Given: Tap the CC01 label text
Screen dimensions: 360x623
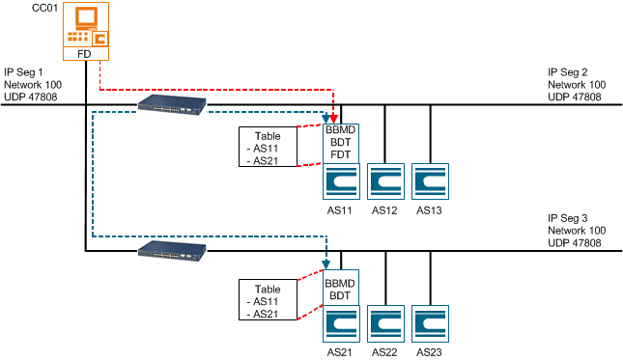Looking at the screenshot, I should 44,9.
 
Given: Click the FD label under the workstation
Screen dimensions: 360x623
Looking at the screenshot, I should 85,55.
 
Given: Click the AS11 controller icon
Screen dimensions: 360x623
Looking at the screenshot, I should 340,181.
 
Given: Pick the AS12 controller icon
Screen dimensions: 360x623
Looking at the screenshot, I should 384,181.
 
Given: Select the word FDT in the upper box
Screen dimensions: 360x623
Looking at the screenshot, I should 340,153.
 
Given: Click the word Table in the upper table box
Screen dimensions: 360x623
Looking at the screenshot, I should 267,136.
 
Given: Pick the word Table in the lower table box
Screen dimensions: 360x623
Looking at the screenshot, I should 267,289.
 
